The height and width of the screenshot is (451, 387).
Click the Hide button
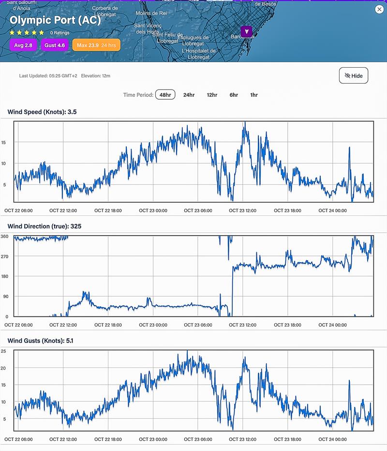[354, 75]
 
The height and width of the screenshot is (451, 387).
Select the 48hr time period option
[165, 95]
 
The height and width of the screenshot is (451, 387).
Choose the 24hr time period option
[189, 95]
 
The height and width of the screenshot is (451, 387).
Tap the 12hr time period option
[212, 95]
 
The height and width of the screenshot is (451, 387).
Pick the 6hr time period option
[234, 95]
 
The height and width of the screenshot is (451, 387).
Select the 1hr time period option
[254, 95]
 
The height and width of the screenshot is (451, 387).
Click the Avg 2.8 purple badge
[23, 45]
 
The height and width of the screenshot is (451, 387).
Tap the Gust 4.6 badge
[54, 45]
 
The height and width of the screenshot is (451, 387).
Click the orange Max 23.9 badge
[96, 45]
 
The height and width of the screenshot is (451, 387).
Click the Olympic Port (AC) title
[55, 21]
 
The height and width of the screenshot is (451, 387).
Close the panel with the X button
[379, 10]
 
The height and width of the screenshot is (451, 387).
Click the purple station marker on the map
[247, 31]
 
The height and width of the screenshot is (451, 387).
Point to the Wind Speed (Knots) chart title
[42, 112]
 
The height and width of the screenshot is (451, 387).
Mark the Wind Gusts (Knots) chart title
[40, 341]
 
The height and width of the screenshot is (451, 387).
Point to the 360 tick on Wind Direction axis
[4, 237]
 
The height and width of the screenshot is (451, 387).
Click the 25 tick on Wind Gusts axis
[3, 351]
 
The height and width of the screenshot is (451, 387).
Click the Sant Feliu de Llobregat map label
[167, 38]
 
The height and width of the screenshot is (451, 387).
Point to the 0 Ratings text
[60, 33]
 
